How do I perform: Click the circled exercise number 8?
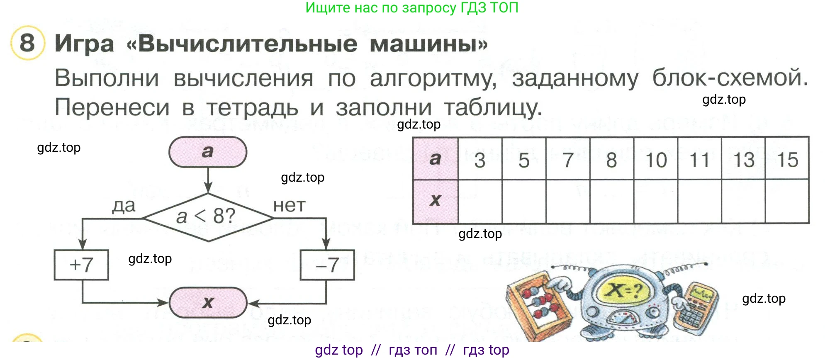point(27,43)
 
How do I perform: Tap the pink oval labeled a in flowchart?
point(207,152)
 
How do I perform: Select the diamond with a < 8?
point(207,216)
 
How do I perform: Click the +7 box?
point(81,265)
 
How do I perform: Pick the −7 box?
point(327,265)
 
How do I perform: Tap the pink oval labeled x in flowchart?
point(208,303)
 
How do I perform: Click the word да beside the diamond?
point(124,206)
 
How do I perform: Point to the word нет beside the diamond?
point(289,206)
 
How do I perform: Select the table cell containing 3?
point(480,160)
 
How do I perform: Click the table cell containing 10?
point(656,160)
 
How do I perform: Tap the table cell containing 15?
point(787,160)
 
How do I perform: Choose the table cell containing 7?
point(568,160)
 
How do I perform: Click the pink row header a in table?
point(435,159)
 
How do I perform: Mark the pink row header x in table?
point(435,201)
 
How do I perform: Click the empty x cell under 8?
point(612,202)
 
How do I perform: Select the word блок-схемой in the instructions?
point(730,78)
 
